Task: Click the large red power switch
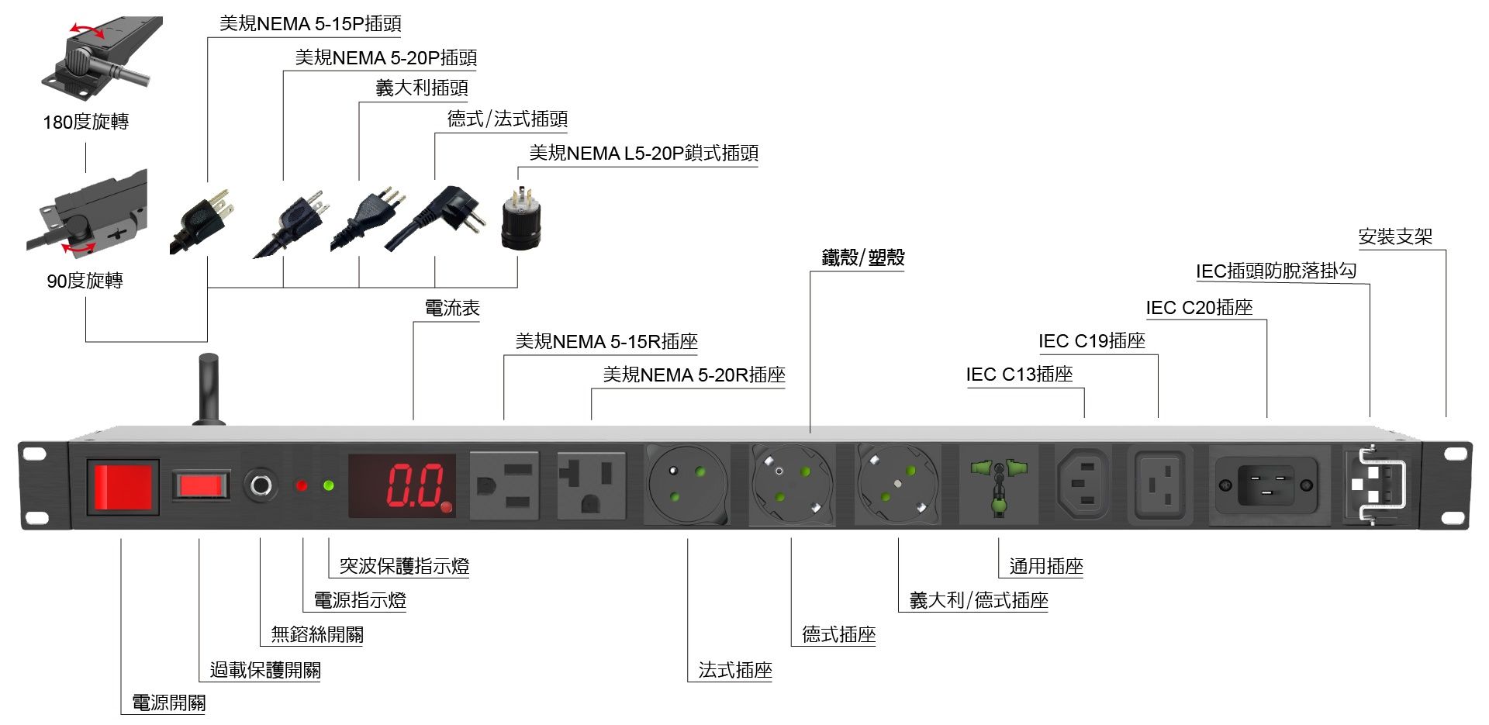point(123,487)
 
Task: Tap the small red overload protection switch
point(202,485)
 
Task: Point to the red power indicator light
point(302,486)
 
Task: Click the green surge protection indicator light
point(328,486)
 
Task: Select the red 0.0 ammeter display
point(401,485)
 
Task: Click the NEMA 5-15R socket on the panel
point(505,485)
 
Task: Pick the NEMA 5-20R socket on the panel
point(591,485)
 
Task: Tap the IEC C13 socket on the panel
point(1083,485)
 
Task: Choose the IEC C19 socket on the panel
point(1159,486)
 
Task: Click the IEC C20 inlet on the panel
point(1266,485)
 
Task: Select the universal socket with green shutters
point(998,485)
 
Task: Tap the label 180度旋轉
point(85,122)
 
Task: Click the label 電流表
point(452,308)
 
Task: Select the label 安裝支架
point(1395,236)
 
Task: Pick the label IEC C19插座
point(1091,341)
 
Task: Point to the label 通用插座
point(1045,566)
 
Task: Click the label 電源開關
point(168,703)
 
